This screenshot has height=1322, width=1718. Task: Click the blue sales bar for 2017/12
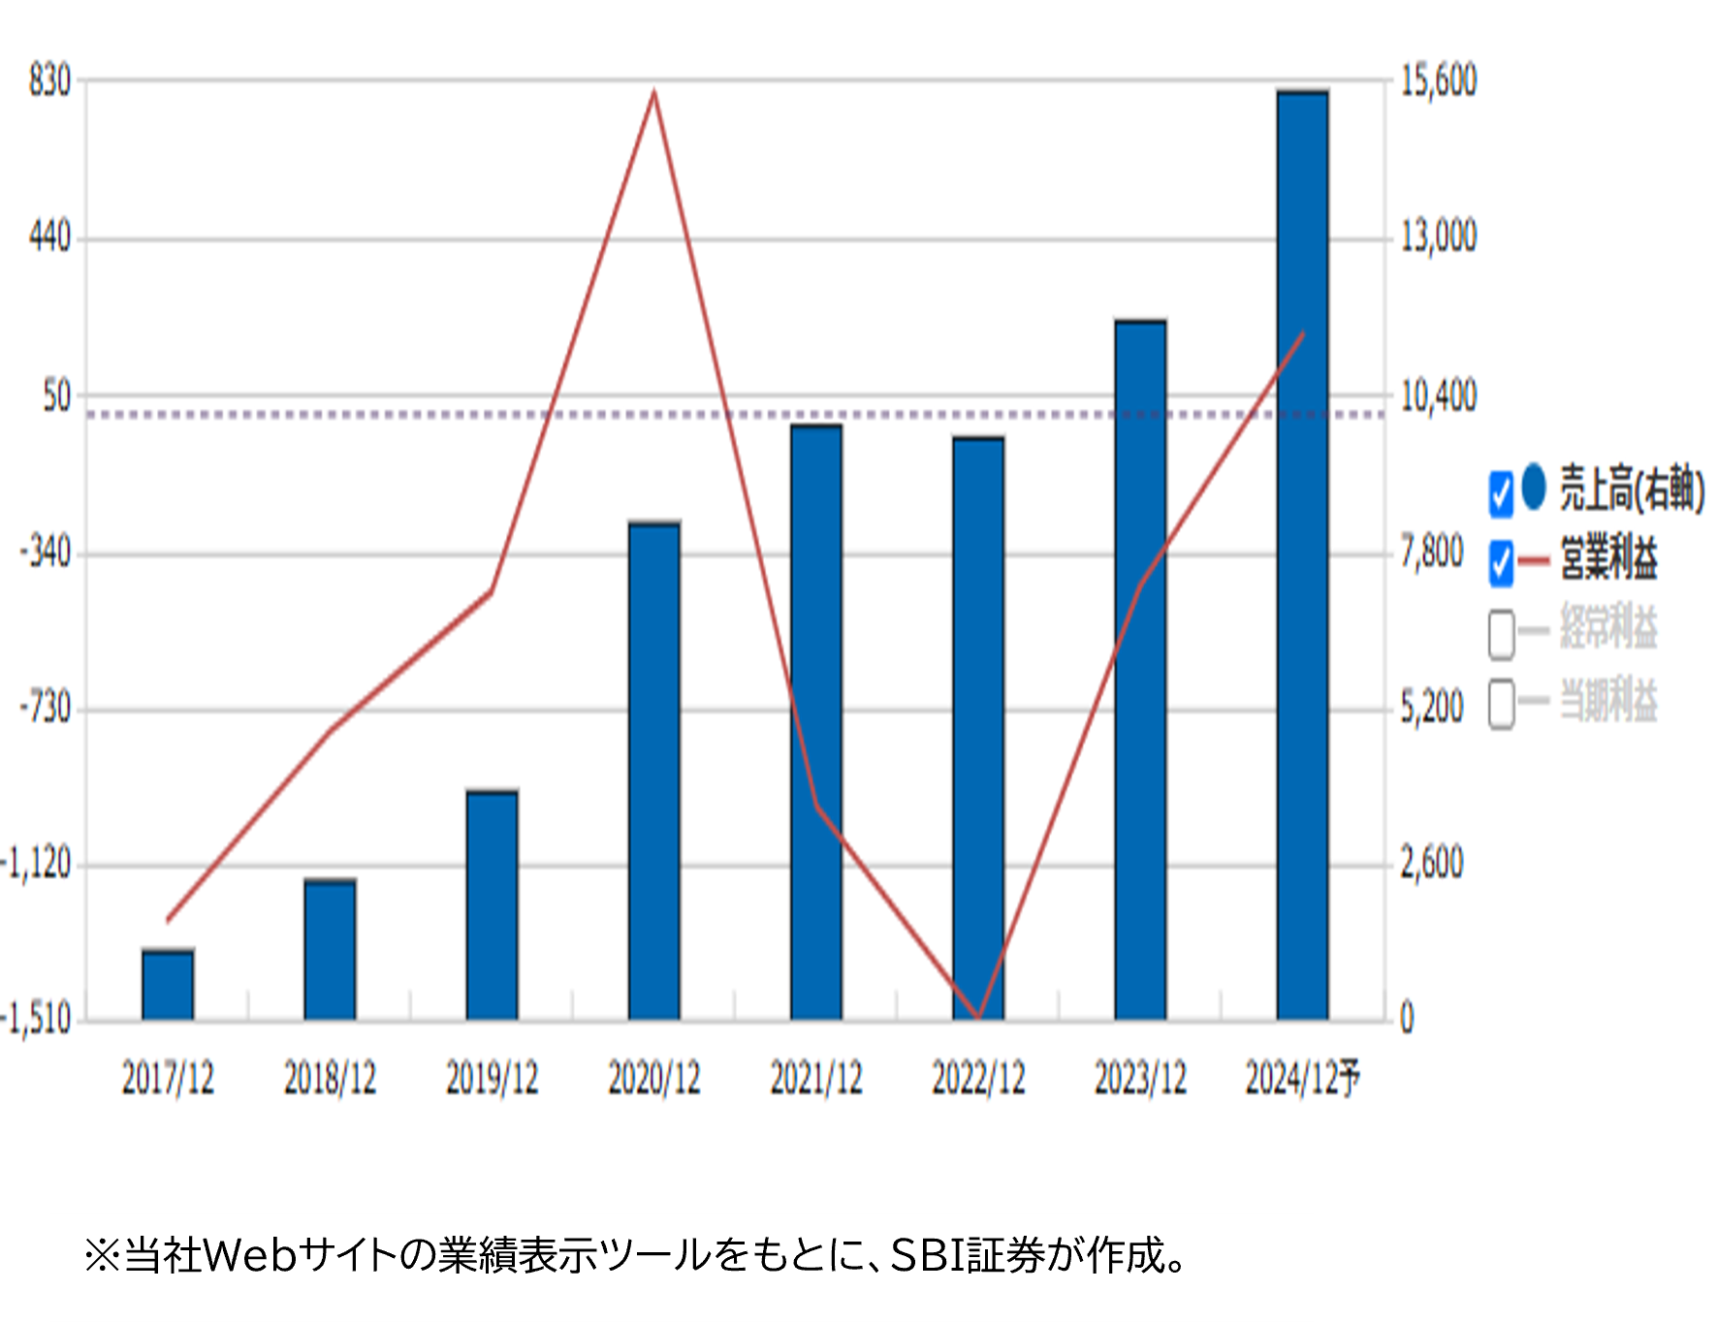pos(168,985)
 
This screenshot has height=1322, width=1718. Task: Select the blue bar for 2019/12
pos(492,905)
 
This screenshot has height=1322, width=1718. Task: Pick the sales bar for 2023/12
pos(1140,670)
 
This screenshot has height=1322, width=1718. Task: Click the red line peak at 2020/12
pos(654,93)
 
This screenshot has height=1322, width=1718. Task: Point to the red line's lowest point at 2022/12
pos(978,1017)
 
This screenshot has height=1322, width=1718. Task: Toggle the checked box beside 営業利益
pos(1501,563)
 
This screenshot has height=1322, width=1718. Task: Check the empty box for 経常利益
pos(1501,634)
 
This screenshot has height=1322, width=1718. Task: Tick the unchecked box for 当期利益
pos(1501,704)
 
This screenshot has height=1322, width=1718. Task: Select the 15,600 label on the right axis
pos(1439,80)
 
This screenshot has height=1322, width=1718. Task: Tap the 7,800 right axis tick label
pos(1432,552)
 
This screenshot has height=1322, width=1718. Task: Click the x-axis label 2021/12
pos(816,1078)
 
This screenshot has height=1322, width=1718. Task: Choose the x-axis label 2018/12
pos(330,1078)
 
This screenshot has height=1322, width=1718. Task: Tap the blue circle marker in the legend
pos(1533,488)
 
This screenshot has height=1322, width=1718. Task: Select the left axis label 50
pos(57,396)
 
